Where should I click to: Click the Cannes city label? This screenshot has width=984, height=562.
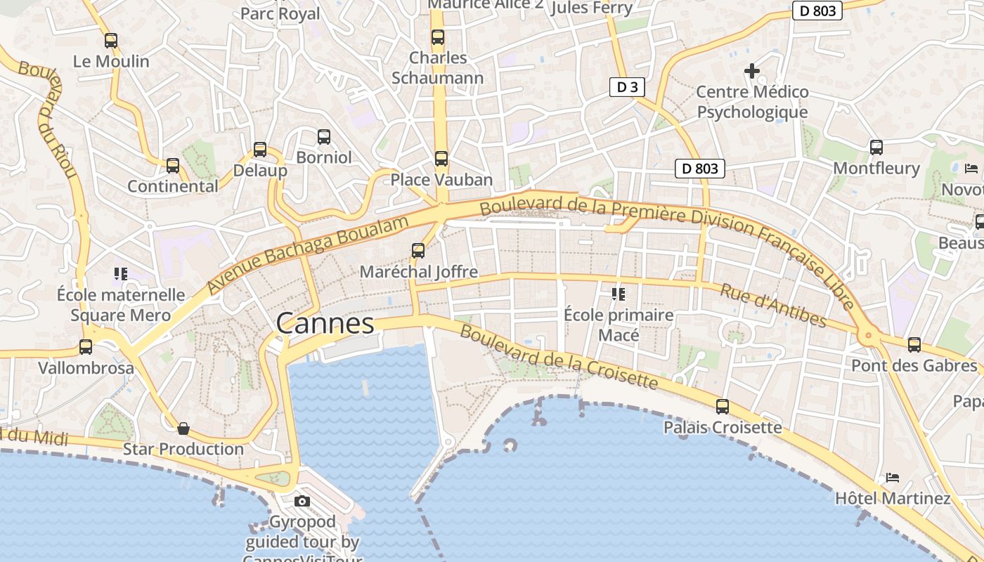tap(325, 323)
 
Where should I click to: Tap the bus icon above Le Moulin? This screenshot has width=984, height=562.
tap(111, 41)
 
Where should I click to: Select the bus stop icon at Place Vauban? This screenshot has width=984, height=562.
tap(441, 159)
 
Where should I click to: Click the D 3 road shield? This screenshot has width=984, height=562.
tap(627, 87)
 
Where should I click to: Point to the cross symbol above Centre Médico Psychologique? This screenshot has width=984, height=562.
tap(752, 71)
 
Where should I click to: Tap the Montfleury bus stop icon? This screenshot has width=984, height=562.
tap(876, 148)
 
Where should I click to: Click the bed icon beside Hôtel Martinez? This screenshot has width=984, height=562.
tap(893, 478)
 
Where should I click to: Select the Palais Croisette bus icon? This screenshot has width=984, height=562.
tap(723, 407)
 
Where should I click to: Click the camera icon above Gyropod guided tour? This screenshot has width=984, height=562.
tap(302, 502)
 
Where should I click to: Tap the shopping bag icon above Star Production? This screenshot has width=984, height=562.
tap(183, 429)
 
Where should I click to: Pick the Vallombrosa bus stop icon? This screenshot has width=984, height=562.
tap(86, 347)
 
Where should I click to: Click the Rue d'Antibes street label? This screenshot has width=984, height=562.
tap(773, 305)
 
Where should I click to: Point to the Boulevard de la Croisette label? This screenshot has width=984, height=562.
tap(559, 358)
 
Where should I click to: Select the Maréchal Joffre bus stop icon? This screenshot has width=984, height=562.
tap(418, 251)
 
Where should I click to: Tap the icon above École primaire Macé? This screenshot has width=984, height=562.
tap(619, 294)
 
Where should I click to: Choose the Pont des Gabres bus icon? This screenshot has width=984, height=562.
tap(914, 345)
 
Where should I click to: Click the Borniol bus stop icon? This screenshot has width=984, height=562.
tap(323, 137)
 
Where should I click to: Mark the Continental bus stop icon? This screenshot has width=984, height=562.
tap(173, 166)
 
